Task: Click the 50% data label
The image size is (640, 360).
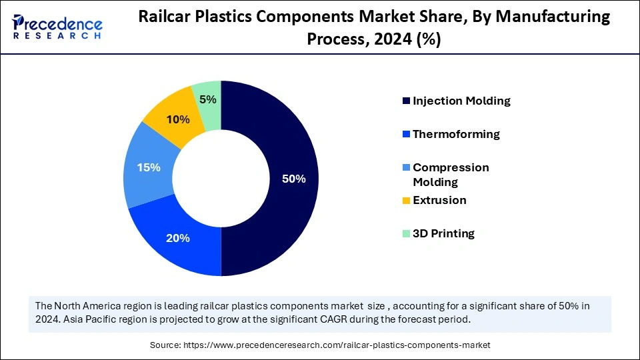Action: pos(293,179)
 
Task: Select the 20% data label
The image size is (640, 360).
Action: pos(179,238)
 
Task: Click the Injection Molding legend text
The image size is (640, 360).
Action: pos(461,101)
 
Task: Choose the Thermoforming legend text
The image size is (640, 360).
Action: pos(456,134)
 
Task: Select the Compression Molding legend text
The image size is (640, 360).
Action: pos(451,175)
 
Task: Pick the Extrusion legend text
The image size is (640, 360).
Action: pos(439,200)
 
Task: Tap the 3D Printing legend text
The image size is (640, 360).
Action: pos(443,233)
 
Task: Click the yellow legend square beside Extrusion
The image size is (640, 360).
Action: pos(406,201)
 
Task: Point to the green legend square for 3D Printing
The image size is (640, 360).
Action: pos(406,234)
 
